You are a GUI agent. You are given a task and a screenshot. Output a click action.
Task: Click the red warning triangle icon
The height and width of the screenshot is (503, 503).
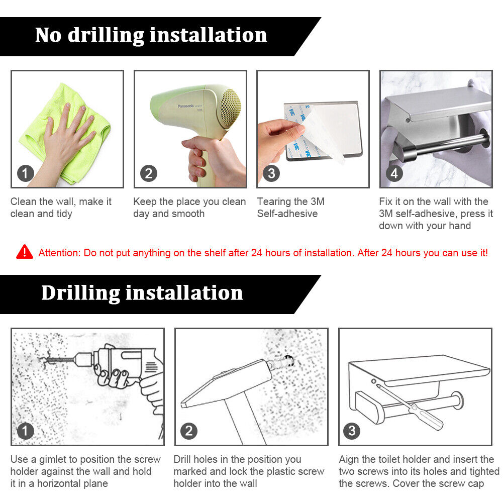pos(25,252)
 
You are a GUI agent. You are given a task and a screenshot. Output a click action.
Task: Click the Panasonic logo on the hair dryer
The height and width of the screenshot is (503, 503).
pos(186,106)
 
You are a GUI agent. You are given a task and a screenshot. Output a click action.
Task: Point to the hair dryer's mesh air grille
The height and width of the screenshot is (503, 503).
pos(230,108)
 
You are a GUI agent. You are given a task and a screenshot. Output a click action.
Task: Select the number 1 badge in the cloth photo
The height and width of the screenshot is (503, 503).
pos(26,173)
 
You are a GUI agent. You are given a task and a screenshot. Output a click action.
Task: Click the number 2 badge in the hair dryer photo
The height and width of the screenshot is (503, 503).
pos(149,173)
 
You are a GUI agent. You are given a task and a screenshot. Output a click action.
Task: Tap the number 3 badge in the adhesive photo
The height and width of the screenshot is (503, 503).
pos(271,173)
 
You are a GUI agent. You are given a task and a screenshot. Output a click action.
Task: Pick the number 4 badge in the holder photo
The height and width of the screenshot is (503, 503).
pos(394,173)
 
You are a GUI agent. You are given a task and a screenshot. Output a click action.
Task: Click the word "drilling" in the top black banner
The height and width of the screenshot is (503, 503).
pos(106,35)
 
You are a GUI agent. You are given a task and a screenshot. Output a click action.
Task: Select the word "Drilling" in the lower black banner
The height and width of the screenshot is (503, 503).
pos(80,293)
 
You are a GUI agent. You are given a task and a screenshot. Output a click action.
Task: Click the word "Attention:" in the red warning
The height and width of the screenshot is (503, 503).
pos(59,253)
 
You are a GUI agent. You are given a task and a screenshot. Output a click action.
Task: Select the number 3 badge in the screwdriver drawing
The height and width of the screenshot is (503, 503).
pos(352,431)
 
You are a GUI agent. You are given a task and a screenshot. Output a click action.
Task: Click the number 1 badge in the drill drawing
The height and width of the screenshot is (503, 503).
pos(26,431)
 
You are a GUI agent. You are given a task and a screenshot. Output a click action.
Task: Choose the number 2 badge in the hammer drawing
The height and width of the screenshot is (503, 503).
pos(189,431)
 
